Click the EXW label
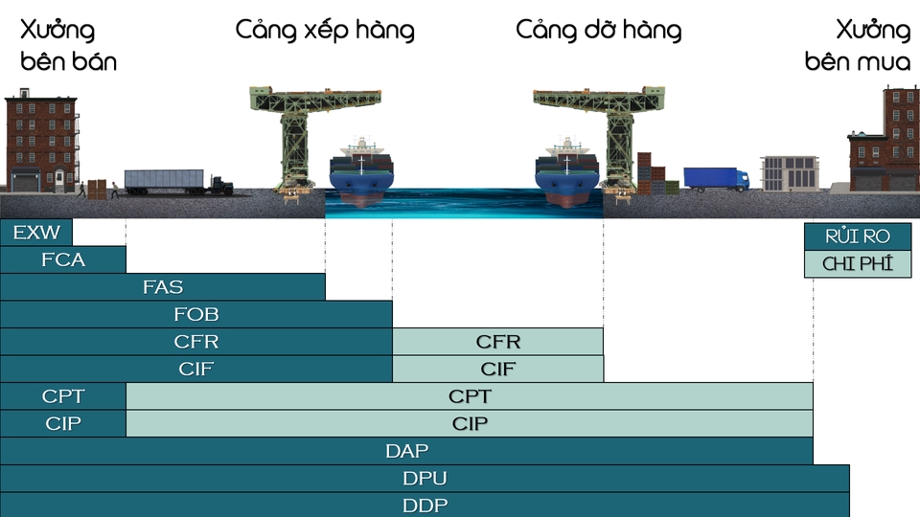(x=36, y=233)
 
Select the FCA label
(x=63, y=259)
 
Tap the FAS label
(x=163, y=286)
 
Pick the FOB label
(x=196, y=314)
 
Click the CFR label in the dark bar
(x=196, y=342)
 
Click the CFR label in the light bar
(x=498, y=342)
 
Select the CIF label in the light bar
(x=498, y=369)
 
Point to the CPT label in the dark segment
(x=63, y=396)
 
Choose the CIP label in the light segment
(x=470, y=423)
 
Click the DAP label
(x=406, y=451)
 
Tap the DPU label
(x=425, y=478)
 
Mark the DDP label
(x=425, y=505)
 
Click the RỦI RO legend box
(x=858, y=236)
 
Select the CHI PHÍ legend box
(x=858, y=264)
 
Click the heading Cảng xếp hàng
(x=325, y=31)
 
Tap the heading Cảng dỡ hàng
(x=598, y=31)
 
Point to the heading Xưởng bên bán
(x=67, y=46)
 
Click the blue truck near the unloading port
(x=716, y=179)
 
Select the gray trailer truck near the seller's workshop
(x=177, y=181)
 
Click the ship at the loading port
(x=361, y=172)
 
